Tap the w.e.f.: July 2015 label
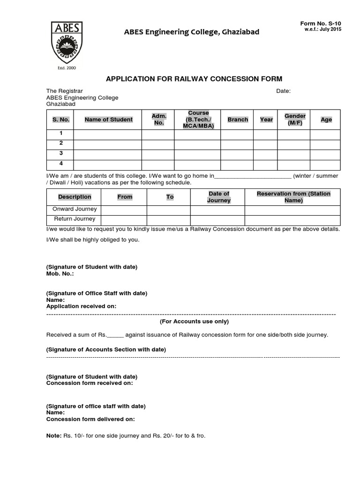323,30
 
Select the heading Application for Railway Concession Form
194,79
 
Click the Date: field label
283,91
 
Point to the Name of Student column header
108,120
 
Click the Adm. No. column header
159,120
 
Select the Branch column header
238,120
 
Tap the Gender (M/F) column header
295,120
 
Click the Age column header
326,120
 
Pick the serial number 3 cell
61,154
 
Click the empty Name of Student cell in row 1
108,135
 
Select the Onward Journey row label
75,209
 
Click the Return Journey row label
75,218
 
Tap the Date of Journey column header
218,197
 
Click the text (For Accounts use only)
194,322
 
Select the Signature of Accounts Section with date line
106,350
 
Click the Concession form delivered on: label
90,419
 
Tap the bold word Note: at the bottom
53,435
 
